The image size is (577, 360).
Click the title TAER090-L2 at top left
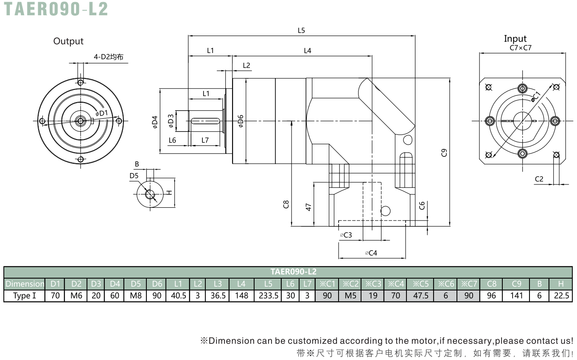click(56, 9)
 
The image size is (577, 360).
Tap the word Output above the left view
click(68, 41)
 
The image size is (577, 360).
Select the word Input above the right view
click(515, 39)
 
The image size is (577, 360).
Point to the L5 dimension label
click(301, 31)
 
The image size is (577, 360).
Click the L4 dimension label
click(307, 50)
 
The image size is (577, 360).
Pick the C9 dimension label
click(444, 153)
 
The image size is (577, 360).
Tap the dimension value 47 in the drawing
click(308, 207)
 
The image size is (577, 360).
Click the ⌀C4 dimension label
click(371, 253)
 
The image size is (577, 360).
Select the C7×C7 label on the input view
click(520, 47)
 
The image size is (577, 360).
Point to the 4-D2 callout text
click(109, 57)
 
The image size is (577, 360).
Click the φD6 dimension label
click(241, 121)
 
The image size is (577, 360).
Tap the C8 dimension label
click(286, 204)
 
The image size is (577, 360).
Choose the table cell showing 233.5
click(269, 296)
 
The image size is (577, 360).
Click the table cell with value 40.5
click(178, 296)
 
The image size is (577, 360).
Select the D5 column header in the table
click(135, 284)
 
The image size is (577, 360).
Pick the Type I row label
click(25, 296)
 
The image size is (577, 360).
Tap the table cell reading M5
click(350, 296)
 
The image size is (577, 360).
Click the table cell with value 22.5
click(561, 296)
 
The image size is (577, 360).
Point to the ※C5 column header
click(420, 284)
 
